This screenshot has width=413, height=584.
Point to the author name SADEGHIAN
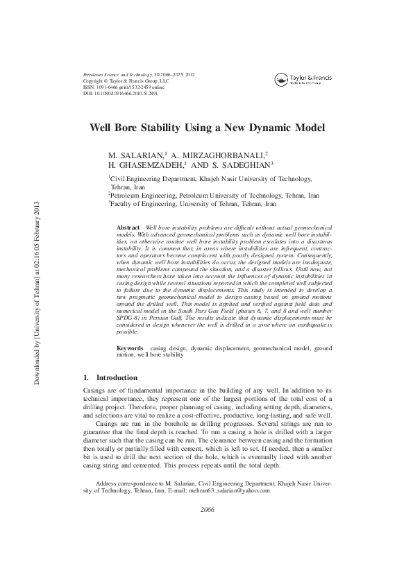(248, 166)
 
